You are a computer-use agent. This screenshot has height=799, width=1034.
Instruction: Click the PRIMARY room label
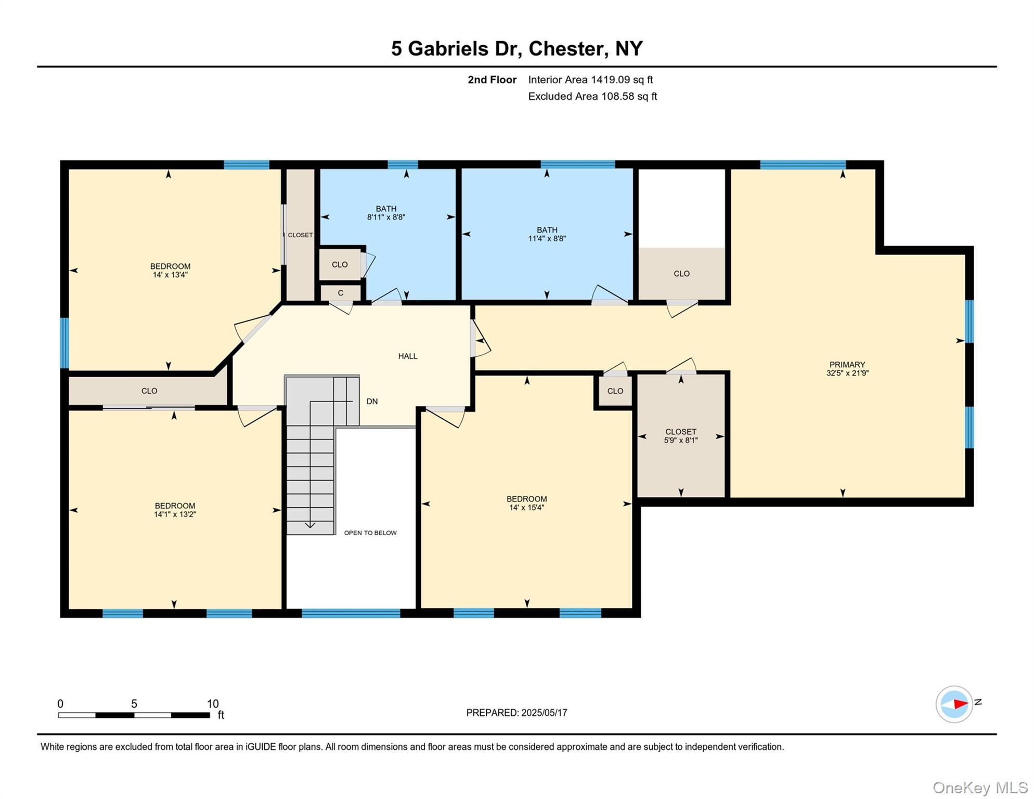[847, 365]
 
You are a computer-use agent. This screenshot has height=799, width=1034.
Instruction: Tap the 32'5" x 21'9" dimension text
[847, 373]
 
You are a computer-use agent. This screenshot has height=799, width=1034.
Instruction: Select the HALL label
[408, 356]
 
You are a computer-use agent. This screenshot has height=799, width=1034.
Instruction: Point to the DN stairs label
[372, 402]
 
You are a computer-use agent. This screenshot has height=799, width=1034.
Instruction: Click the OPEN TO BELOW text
[370, 533]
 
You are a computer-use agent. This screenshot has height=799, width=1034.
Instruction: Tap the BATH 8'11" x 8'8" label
[385, 213]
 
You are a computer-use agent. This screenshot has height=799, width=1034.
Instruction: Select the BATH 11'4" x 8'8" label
[547, 234]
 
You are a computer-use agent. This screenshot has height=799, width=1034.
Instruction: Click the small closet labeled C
[340, 293]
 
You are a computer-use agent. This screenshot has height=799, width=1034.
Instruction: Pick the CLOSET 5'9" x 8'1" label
[680, 436]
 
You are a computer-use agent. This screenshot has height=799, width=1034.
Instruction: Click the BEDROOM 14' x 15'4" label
[526, 503]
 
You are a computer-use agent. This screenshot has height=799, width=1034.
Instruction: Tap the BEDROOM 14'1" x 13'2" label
[175, 510]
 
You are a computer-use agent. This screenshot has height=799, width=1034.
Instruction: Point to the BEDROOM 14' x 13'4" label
[170, 270]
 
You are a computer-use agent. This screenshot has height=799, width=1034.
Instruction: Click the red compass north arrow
[960, 704]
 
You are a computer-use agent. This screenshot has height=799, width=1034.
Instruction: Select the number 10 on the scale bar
[213, 704]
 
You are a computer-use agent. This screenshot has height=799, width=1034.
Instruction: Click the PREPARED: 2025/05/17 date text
[516, 713]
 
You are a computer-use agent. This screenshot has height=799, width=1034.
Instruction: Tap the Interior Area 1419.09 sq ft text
[590, 80]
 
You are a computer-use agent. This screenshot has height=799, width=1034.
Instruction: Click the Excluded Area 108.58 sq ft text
[592, 96]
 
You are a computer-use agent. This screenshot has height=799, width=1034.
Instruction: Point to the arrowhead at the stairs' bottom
[310, 525]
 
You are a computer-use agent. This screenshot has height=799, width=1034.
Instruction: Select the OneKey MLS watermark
[979, 788]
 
